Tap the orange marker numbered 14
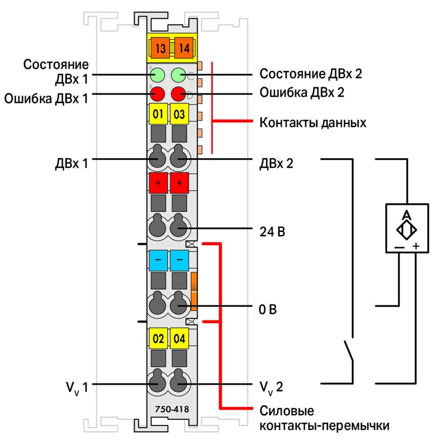184,47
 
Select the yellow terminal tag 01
158,114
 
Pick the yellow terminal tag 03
179,114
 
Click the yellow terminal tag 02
158,339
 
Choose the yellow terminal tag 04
179,339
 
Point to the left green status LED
158,75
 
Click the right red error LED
178,94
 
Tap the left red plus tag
158,183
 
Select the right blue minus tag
179,260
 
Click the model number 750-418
172,409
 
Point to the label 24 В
272,232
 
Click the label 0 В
268,310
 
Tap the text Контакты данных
313,122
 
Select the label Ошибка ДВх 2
302,93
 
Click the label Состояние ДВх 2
311,74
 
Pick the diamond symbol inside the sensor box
407,230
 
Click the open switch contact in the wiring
349,351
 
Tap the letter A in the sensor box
407,215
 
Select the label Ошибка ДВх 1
46,98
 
